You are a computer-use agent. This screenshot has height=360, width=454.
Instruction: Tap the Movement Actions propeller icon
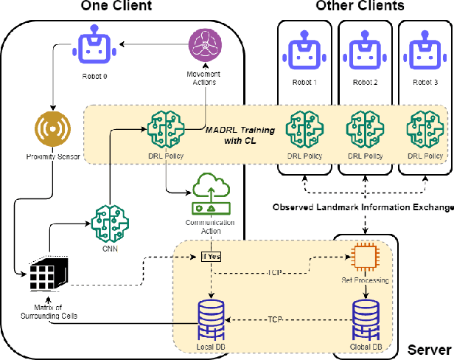(x=203, y=46)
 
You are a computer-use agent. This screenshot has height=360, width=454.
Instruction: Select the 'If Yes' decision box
(x=212, y=256)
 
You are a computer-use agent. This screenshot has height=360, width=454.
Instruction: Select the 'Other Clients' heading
(x=360, y=7)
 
